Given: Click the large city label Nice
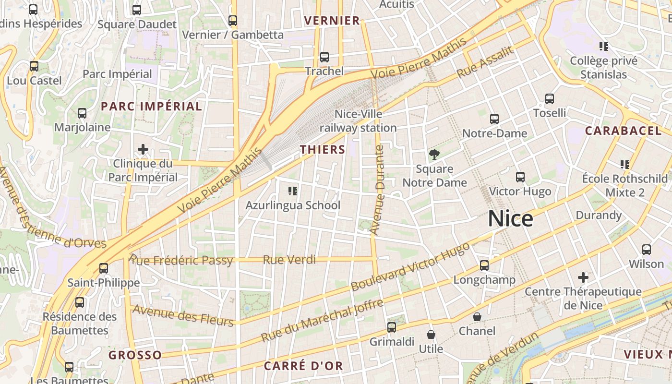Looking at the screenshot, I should tap(510, 219).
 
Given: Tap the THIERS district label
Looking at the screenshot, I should tap(323, 149).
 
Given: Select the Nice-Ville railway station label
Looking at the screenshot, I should tap(358, 121).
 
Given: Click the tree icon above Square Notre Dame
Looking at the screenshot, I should tap(434, 154).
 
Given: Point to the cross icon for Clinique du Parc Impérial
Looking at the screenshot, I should tap(143, 149).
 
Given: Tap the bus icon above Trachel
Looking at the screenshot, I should tap(324, 57).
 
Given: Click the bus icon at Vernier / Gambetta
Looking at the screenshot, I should tap(233, 21).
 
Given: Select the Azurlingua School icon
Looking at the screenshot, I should tap(293, 191).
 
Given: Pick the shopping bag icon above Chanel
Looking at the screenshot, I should tap(477, 317).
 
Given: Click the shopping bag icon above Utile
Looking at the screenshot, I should tap(431, 334).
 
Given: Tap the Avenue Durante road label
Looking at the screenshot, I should tap(378, 190).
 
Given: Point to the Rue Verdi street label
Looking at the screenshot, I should tap(289, 260).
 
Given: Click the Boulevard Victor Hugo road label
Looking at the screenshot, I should tap(410, 267).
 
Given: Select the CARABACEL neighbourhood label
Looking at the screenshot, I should tap(623, 131).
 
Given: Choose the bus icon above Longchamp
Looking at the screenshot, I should tap(484, 265).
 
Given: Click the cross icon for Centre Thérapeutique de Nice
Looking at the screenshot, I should tap(583, 277).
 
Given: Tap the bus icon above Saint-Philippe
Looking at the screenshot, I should tap(104, 268).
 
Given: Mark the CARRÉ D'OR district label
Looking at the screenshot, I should tap(303, 366).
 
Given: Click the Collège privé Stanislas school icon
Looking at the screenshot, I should tap(604, 47).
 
